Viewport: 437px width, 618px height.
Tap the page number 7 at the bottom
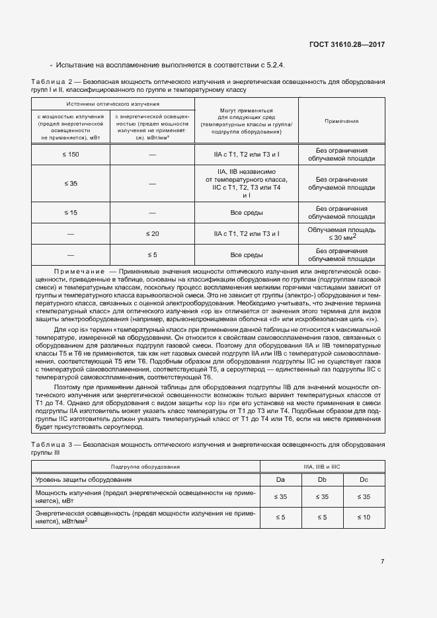(x=382, y=562)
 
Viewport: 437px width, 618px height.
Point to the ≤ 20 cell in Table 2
(x=152, y=233)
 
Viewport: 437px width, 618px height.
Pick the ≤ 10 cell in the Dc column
(x=363, y=517)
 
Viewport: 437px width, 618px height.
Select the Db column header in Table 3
(x=322, y=479)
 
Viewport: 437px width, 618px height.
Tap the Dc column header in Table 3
(x=363, y=479)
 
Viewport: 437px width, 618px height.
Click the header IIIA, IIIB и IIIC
(x=322, y=467)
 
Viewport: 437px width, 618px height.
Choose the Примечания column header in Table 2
(x=341, y=122)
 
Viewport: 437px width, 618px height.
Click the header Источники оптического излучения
(x=112, y=104)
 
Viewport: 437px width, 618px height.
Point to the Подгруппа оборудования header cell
(x=146, y=467)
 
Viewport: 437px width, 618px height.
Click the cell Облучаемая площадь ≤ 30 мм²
(x=341, y=233)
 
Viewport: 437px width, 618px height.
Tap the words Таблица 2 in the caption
(x=52, y=81)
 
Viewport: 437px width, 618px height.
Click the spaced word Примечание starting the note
(x=79, y=272)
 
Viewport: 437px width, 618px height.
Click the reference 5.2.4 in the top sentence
(x=272, y=65)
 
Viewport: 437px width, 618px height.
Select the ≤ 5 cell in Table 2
(x=152, y=254)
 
